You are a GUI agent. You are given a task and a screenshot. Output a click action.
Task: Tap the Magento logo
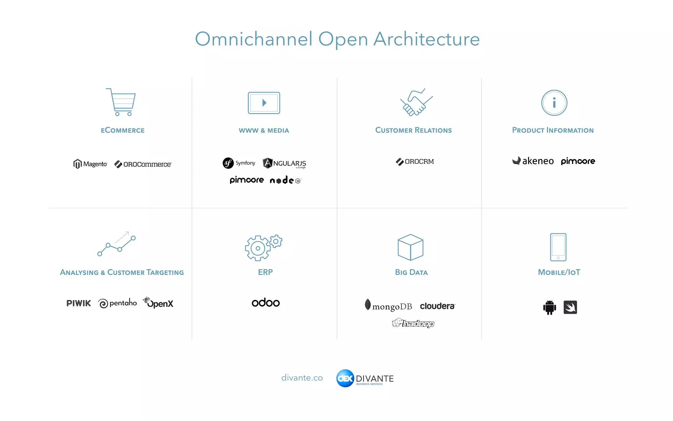click(90, 164)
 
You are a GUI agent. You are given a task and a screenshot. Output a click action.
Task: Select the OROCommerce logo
click(143, 164)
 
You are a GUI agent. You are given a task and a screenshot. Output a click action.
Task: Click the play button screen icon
click(264, 103)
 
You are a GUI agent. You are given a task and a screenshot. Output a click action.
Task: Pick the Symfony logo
click(239, 163)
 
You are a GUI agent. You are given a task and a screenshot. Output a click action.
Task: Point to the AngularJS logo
click(284, 163)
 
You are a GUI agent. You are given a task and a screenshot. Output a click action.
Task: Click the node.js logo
click(285, 180)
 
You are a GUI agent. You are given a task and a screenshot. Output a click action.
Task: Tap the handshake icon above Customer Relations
click(416, 102)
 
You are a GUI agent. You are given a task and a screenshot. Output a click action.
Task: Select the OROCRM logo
click(415, 161)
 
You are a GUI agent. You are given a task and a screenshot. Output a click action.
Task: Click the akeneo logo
click(533, 161)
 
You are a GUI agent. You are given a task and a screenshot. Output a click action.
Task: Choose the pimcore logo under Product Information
click(578, 161)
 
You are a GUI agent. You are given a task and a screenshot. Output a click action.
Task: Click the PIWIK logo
click(79, 303)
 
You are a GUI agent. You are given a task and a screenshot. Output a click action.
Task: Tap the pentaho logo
click(117, 303)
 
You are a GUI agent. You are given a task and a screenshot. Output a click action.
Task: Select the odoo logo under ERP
click(266, 303)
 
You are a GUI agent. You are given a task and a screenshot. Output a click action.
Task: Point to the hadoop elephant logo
click(413, 323)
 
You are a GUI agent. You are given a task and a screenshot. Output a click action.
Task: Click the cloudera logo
click(437, 306)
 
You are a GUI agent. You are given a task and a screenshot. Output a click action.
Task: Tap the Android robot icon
click(549, 308)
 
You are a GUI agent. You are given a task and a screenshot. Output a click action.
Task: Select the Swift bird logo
click(570, 307)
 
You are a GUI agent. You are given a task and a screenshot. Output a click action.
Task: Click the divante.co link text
click(302, 378)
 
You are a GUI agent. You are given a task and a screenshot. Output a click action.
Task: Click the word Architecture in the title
click(427, 39)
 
